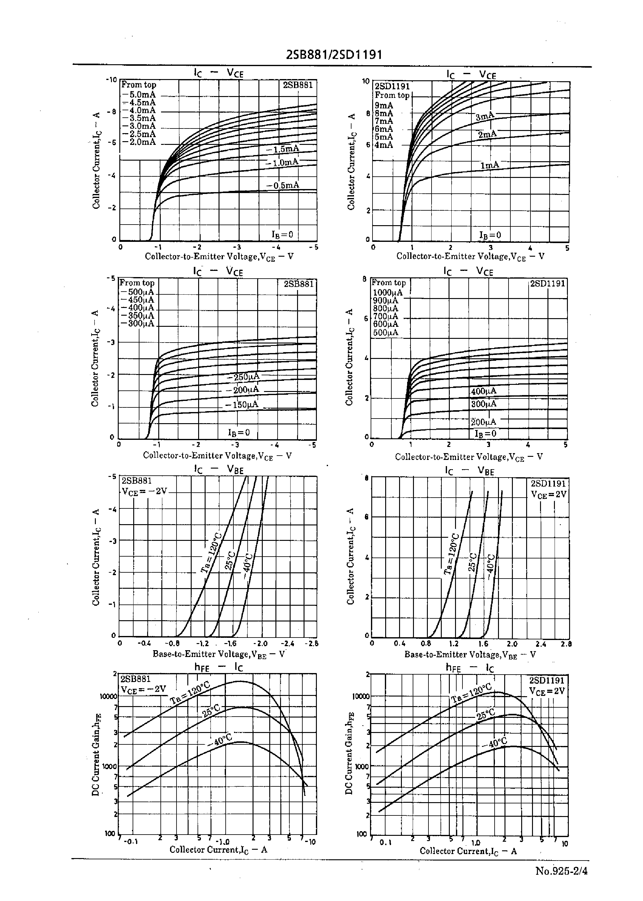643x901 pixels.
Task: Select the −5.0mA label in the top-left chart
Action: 139,95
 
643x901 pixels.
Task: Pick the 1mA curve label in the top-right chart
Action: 490,165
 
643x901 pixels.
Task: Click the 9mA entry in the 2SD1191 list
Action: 384,106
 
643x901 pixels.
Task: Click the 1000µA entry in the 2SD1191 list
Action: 388,293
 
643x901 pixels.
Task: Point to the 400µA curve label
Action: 483,391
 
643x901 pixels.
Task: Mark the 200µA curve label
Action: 483,422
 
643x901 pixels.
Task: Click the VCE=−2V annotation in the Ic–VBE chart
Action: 144,492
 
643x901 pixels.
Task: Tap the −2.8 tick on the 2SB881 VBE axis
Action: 312,643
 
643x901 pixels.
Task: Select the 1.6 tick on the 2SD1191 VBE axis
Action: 483,644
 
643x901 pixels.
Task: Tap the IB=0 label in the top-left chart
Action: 282,234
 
